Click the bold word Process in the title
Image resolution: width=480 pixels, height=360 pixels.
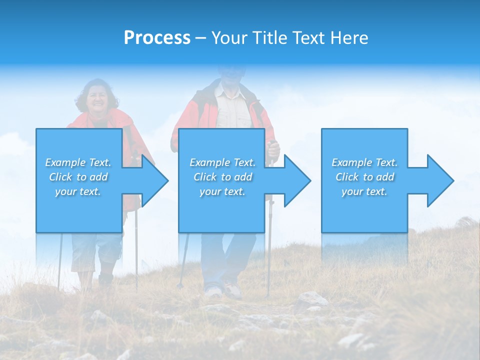157,38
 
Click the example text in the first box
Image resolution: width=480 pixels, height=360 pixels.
78,177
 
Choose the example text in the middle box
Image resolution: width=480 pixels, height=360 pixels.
222,177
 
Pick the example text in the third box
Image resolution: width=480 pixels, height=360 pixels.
364,177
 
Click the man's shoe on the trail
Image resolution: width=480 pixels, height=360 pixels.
232,290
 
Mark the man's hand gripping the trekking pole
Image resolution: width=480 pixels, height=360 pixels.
273,148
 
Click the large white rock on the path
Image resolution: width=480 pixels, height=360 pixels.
310,300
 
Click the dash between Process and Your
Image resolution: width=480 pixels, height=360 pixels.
201,38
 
